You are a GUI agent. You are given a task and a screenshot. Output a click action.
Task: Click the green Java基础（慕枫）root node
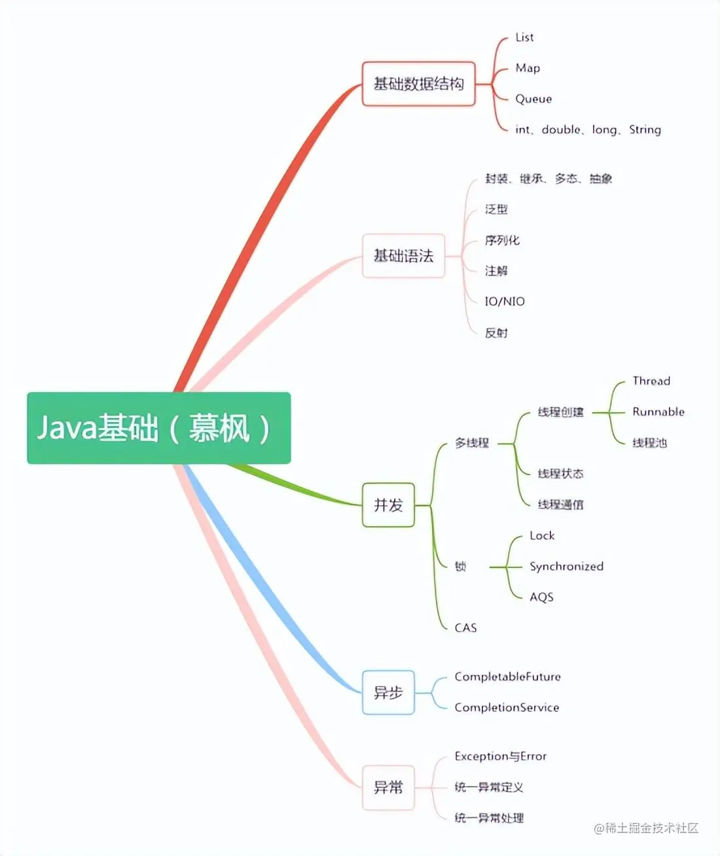pyautogui.click(x=158, y=428)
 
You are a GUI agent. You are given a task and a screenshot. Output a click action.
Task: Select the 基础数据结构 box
pyautogui.click(x=418, y=84)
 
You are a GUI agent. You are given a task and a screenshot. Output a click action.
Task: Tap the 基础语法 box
pyautogui.click(x=403, y=256)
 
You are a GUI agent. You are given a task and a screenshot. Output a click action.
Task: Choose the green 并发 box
pyautogui.click(x=388, y=505)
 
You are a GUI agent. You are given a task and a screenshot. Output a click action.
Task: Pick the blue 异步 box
pyautogui.click(x=388, y=692)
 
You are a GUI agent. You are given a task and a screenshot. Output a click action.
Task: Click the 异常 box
pyautogui.click(x=388, y=787)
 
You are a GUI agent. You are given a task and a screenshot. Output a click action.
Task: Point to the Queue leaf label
pyautogui.click(x=533, y=99)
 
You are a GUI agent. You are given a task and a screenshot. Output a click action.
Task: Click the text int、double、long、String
pyautogui.click(x=588, y=130)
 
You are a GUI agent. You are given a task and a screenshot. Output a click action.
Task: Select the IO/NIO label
pyautogui.click(x=505, y=302)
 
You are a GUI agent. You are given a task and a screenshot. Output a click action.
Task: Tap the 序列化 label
pyautogui.click(x=502, y=240)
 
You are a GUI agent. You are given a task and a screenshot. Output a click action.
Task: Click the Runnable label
pyautogui.click(x=658, y=412)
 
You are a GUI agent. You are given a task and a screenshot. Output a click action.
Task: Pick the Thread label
pyautogui.click(x=651, y=381)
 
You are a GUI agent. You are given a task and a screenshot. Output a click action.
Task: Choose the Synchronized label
pyautogui.click(x=566, y=566)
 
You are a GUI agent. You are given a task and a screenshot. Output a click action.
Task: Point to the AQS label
pyautogui.click(x=541, y=597)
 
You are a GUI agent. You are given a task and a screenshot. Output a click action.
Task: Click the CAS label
pyautogui.click(x=465, y=628)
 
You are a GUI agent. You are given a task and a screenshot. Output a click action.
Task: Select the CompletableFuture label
pyautogui.click(x=507, y=677)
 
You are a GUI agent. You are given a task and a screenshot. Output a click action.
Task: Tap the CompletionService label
pyautogui.click(x=507, y=707)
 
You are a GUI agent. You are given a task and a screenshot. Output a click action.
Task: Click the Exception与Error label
pyautogui.click(x=500, y=757)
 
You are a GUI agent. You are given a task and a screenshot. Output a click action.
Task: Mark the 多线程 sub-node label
pyautogui.click(x=472, y=443)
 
